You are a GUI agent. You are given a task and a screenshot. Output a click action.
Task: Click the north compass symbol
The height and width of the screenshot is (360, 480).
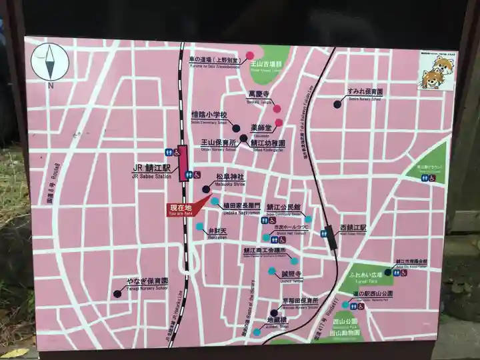(50, 62)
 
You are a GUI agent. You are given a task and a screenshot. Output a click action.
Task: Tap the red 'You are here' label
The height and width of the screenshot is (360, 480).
(180, 209)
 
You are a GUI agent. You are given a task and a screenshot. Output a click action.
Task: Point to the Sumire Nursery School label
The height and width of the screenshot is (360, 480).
(365, 93)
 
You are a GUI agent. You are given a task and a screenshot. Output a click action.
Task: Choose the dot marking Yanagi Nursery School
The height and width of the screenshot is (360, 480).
(117, 293)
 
